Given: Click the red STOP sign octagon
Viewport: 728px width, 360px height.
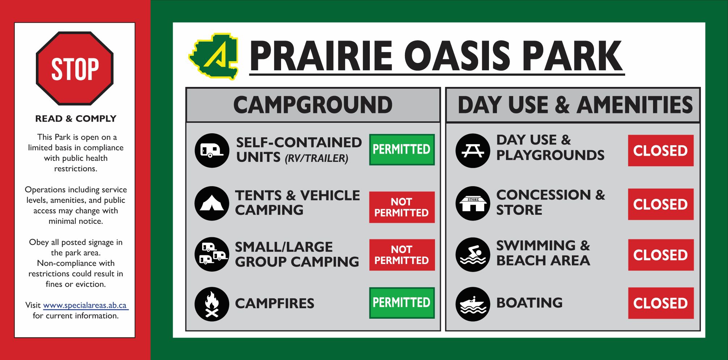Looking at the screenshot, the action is [75, 68].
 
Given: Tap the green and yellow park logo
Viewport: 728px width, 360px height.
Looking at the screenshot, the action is [213, 56].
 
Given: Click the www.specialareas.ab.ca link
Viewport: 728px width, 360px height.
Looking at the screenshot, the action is [85, 305].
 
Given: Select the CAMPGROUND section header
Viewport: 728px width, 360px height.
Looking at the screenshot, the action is [313, 105].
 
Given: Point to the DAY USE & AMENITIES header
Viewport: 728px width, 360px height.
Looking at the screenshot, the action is [575, 105].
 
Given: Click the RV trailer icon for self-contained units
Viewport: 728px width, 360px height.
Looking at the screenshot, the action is [212, 150].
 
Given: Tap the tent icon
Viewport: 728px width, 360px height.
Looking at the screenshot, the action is [212, 204].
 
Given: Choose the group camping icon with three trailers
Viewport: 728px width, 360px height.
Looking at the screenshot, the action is [212, 254].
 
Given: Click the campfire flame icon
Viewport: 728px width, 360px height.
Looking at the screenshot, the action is [212, 304].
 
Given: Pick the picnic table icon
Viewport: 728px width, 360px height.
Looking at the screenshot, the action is [473, 151].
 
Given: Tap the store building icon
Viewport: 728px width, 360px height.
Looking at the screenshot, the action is [473, 204].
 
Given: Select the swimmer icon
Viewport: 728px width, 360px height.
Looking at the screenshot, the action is [473, 255].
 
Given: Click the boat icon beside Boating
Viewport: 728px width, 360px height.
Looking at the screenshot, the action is [473, 304].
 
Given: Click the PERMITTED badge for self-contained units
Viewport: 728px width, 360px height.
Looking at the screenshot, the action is [402, 150].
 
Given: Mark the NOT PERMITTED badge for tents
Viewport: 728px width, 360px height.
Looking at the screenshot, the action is [402, 207].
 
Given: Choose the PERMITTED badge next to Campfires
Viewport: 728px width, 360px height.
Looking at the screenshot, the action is [402, 303].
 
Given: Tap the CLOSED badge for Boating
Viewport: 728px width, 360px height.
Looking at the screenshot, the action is [661, 303].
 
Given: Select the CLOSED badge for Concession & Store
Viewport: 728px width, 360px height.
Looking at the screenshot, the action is [661, 204].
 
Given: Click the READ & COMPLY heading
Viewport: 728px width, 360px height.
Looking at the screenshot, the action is [76, 119].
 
